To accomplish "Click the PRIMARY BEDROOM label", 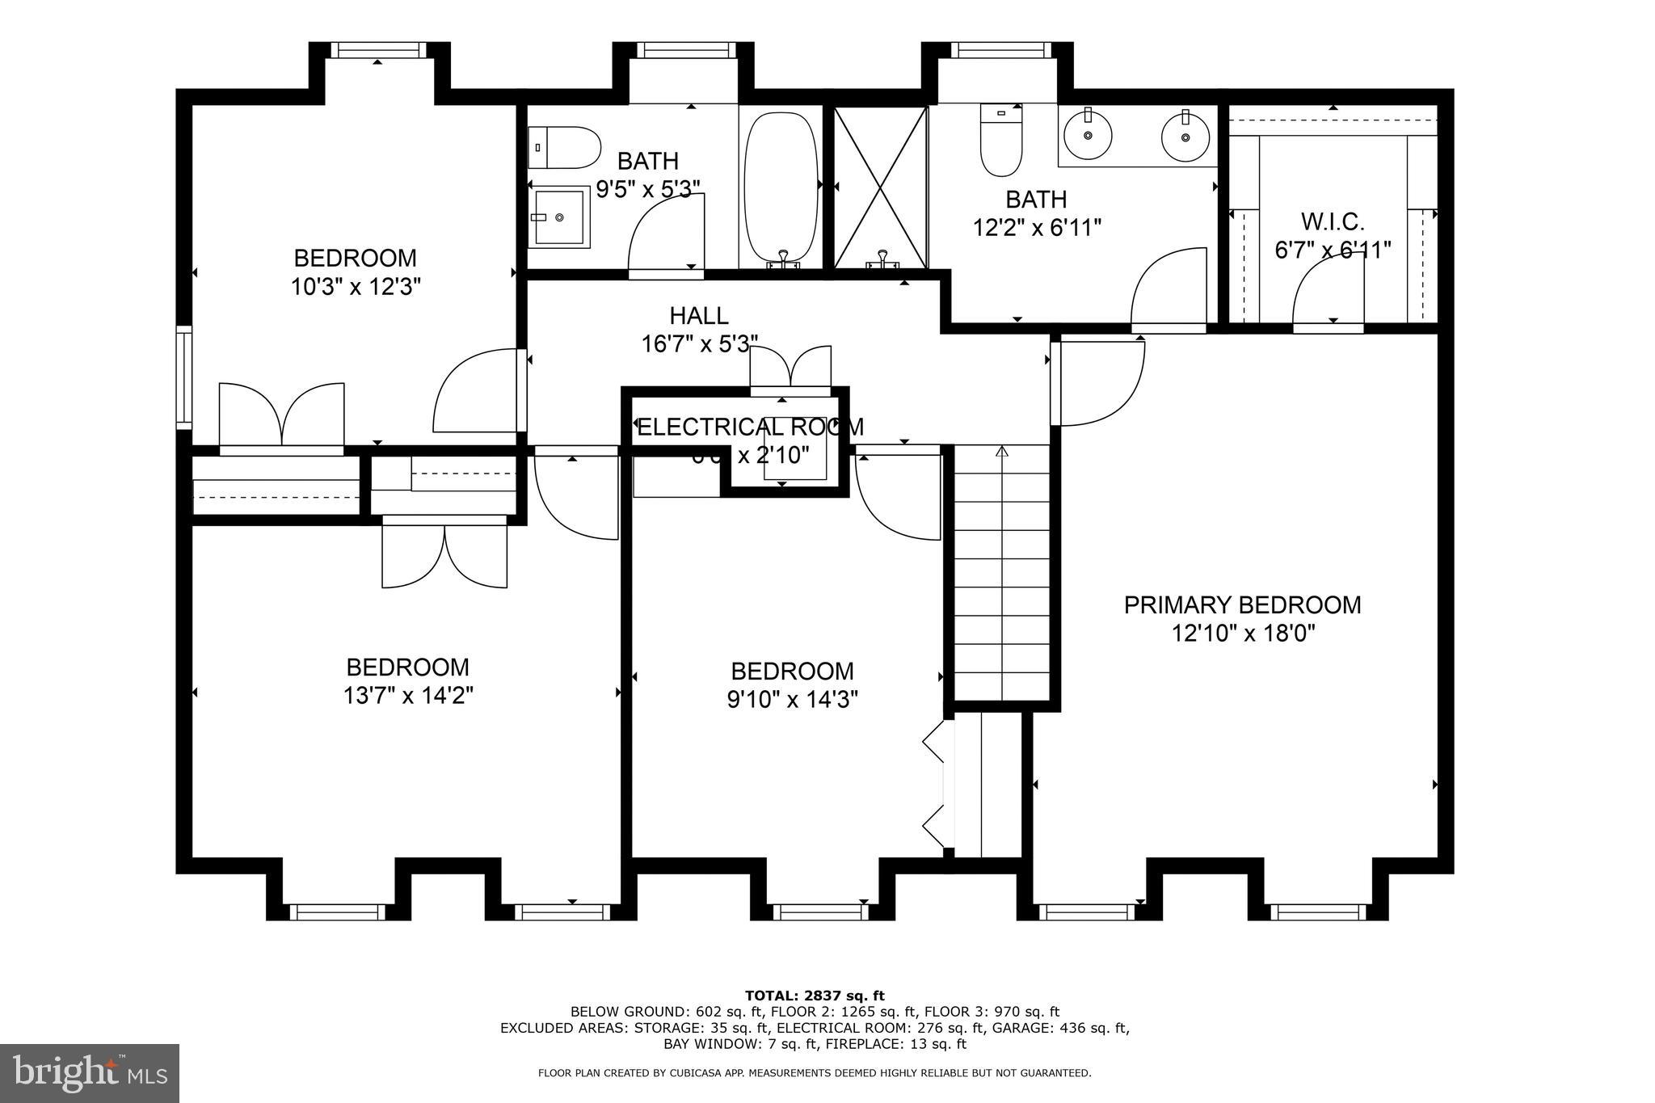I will [1242, 604].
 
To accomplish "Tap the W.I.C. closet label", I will [1332, 221].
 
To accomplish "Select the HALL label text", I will [698, 315].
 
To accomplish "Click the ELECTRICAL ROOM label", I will [749, 427].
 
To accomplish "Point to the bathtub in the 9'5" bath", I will [781, 187].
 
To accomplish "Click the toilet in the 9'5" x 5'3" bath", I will [566, 147].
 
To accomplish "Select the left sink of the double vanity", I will [1088, 136].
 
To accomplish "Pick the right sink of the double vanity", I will [1185, 136].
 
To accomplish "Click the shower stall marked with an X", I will [880, 187].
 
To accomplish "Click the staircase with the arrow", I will [1002, 574].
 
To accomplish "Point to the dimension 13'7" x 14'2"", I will [407, 695].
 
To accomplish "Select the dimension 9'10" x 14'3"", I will [792, 699].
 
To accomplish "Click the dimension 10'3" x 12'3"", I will [356, 286].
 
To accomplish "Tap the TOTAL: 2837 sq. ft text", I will [815, 996].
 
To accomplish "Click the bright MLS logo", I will [89, 1072].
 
